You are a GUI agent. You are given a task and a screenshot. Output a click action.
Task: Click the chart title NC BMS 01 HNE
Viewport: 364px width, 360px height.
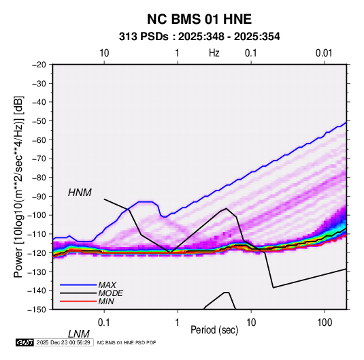pos(199,19)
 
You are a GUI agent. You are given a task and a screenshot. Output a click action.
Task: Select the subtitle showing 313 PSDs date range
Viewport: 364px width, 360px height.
pos(199,37)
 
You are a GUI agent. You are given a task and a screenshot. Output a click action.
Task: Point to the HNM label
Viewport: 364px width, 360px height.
pos(80,193)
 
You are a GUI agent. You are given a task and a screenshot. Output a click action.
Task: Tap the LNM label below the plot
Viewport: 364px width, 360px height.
pos(79,334)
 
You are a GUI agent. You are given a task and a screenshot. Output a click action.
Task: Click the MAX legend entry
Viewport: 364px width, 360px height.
pos(107,284)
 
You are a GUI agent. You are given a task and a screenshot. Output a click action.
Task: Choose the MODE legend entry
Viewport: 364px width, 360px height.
pos(110,293)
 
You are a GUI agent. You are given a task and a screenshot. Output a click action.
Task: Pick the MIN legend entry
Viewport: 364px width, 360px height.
pos(106,301)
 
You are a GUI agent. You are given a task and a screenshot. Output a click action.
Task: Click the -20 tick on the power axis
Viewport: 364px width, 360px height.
pos(39,65)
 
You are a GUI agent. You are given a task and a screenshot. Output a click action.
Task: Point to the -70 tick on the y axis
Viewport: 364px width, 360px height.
pos(39,159)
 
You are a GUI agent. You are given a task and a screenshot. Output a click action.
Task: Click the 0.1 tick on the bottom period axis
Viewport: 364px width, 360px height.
pos(104,323)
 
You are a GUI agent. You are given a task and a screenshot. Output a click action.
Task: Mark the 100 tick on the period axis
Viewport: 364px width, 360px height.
pos(325,323)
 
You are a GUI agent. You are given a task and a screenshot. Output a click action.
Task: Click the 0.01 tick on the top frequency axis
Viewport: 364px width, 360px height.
pos(324,53)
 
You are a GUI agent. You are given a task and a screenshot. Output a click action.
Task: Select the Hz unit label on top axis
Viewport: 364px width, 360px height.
pos(214,53)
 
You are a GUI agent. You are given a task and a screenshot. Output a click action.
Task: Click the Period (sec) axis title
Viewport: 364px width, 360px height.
pos(214,330)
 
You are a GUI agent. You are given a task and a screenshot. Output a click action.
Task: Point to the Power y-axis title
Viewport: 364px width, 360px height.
pos(19,187)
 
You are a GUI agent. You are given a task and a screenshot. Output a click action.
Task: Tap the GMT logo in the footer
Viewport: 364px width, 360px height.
pos(25,342)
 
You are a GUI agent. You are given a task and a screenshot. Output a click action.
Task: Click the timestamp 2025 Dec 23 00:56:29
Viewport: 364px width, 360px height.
pos(63,342)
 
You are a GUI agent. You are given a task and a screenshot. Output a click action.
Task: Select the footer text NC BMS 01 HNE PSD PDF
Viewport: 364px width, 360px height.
pos(127,342)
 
